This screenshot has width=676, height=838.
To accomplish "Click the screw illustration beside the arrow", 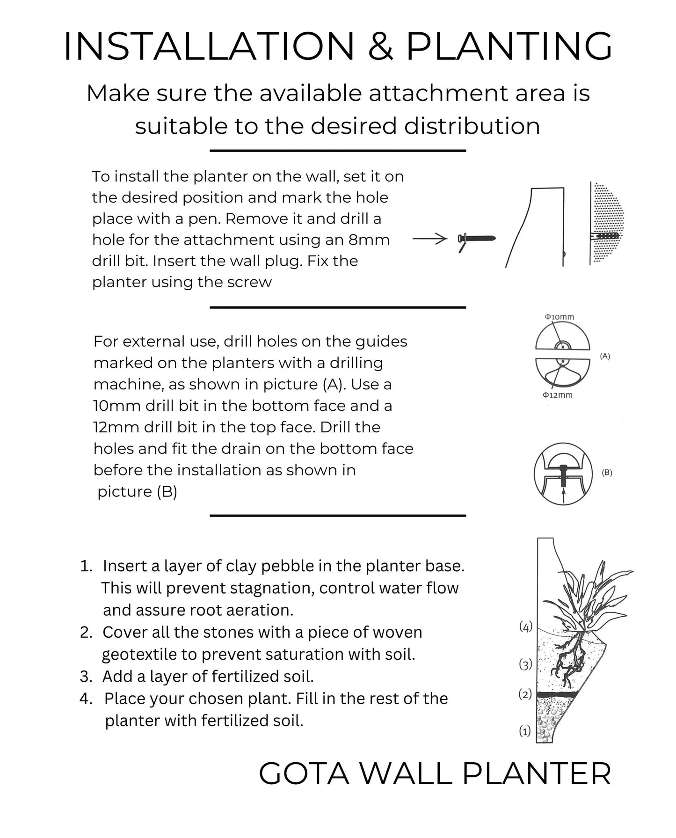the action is [x=476, y=240].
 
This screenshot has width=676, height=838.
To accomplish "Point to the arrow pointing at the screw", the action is [x=430, y=239].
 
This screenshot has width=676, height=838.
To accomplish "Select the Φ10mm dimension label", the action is [x=559, y=317].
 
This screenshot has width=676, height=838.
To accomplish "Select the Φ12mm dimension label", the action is [x=558, y=395].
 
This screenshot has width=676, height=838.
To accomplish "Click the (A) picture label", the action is [x=605, y=356].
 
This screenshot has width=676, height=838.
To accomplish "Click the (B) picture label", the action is [x=607, y=473].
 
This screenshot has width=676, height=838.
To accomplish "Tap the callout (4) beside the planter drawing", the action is [x=526, y=627].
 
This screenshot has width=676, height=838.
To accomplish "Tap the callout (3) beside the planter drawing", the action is [x=526, y=664].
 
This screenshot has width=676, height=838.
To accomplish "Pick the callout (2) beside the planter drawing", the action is [x=525, y=694].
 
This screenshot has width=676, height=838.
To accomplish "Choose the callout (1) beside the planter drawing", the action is [x=525, y=731].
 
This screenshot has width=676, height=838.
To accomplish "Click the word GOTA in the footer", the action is [x=304, y=774].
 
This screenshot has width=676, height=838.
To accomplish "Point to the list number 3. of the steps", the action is [x=86, y=676].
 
